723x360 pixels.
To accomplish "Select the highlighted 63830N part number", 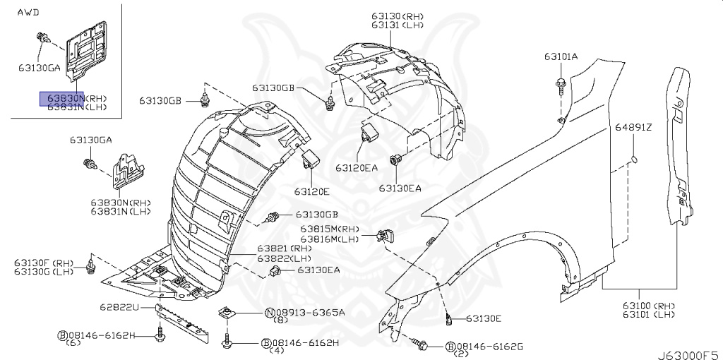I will (62, 97).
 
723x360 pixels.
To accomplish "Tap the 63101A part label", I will (561, 56).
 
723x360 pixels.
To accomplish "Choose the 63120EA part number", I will (356, 168).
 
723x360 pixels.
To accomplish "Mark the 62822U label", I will (119, 308).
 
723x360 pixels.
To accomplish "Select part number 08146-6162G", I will (490, 347).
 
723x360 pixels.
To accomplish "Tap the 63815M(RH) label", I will (330, 229).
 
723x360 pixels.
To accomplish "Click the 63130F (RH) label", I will (43, 263).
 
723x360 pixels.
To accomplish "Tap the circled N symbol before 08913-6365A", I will (270, 312).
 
